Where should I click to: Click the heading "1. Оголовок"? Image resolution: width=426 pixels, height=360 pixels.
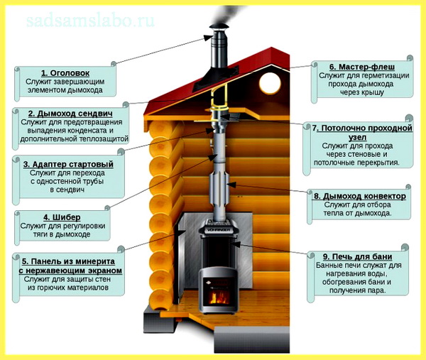pos(65,73)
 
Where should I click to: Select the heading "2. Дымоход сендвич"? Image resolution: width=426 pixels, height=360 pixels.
pos(70,114)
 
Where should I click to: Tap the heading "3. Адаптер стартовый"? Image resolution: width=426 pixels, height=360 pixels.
pos(68,164)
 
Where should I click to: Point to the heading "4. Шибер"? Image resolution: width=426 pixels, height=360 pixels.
pos(62,217)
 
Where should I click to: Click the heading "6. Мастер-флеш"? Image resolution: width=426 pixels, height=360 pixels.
pos(362,67)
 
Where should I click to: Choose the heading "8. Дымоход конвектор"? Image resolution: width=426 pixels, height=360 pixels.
pos(360,196)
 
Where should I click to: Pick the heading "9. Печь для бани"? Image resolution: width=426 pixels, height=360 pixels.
pos(358,257)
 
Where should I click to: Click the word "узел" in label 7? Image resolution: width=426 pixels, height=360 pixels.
pos(358,137)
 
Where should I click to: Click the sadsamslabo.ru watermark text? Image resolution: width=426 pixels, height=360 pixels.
pos(91,21)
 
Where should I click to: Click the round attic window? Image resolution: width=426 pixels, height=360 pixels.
pos(270,82)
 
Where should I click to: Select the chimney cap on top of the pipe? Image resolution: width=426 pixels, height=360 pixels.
pos(219,28)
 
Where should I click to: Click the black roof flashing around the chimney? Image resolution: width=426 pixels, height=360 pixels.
pos(216,77)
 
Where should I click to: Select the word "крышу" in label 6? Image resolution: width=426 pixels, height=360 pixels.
pos(373,93)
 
